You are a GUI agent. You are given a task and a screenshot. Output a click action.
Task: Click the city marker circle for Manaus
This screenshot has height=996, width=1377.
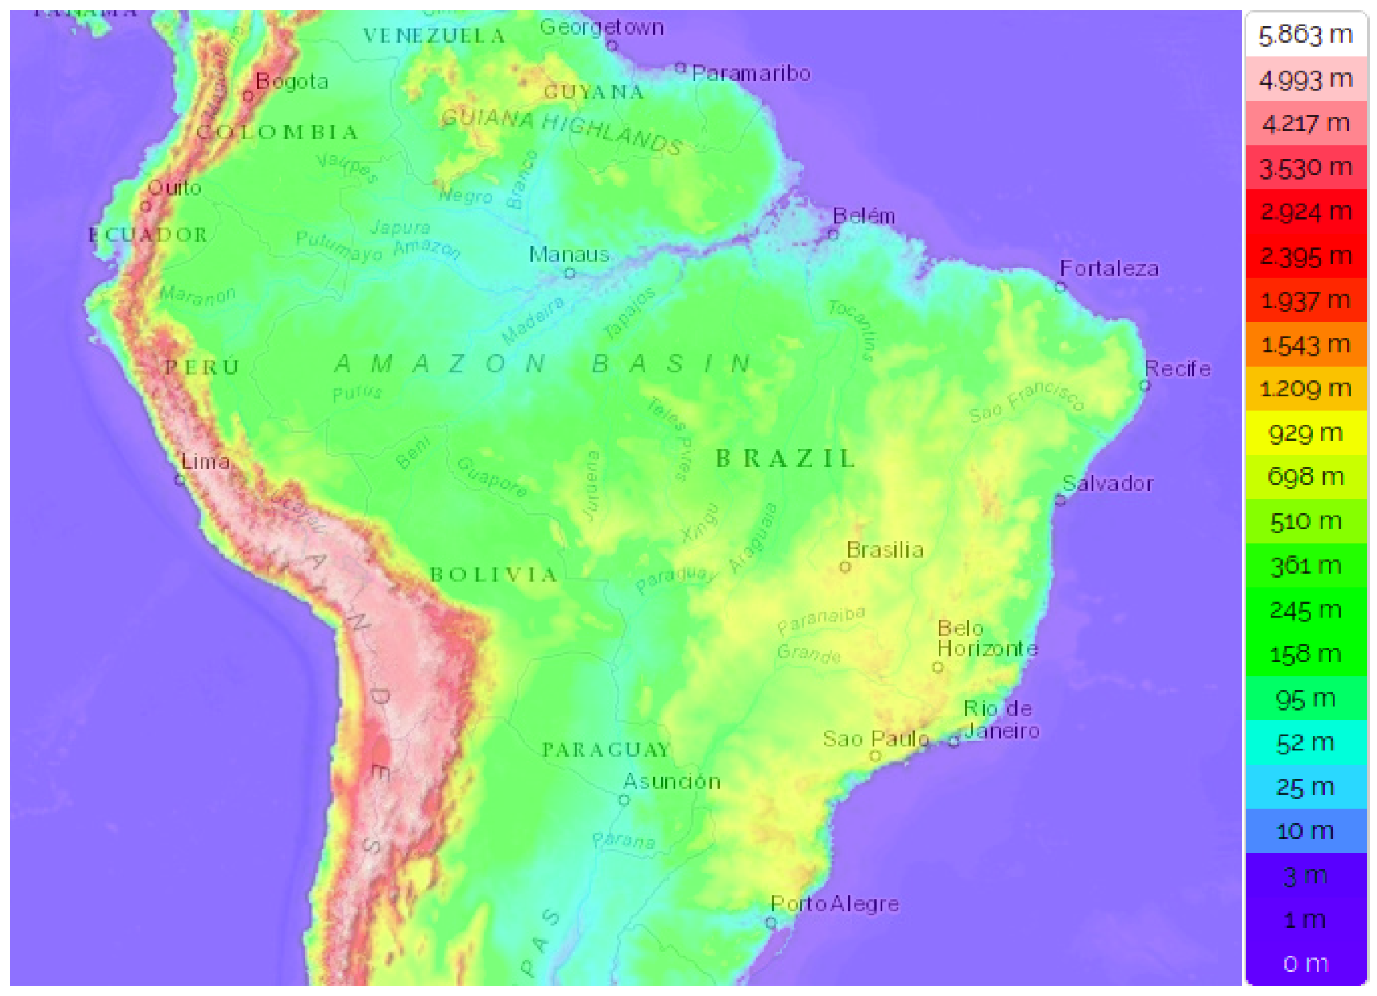(569, 273)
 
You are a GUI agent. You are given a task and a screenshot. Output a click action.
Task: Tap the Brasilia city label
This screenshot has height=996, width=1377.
(885, 550)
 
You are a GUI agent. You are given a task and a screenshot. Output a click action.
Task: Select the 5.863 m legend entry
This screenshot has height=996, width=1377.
(1305, 35)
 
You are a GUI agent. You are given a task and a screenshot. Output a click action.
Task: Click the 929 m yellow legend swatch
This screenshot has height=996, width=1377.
(1305, 433)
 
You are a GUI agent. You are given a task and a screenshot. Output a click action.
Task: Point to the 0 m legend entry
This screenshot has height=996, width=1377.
(1305, 963)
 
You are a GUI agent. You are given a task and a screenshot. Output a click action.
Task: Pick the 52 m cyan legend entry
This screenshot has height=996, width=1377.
(1305, 743)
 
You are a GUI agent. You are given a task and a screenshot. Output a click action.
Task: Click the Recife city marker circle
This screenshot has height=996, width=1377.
(1145, 385)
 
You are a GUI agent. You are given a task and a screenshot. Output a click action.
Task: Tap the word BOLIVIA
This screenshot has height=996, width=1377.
(493, 574)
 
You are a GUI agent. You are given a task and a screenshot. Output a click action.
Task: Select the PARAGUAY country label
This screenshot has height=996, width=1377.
(606, 750)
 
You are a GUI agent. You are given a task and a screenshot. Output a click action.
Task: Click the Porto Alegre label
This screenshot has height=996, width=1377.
(834, 905)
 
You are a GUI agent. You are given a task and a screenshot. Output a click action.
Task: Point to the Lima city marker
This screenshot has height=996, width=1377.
(179, 480)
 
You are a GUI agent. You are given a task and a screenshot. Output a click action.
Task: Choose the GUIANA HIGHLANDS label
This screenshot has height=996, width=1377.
(561, 131)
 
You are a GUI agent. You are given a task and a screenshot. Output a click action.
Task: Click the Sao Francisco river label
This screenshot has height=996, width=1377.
(1026, 401)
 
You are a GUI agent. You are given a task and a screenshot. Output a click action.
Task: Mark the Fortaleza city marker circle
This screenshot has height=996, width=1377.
(1061, 287)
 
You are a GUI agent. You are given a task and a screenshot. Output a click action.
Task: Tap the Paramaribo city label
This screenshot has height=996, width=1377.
(751, 74)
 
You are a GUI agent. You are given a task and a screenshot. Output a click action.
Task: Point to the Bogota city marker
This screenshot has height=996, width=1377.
(248, 96)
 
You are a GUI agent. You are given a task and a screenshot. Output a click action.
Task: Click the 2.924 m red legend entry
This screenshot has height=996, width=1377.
(1305, 212)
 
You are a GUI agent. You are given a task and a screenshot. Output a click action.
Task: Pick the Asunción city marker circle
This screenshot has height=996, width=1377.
(624, 800)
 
